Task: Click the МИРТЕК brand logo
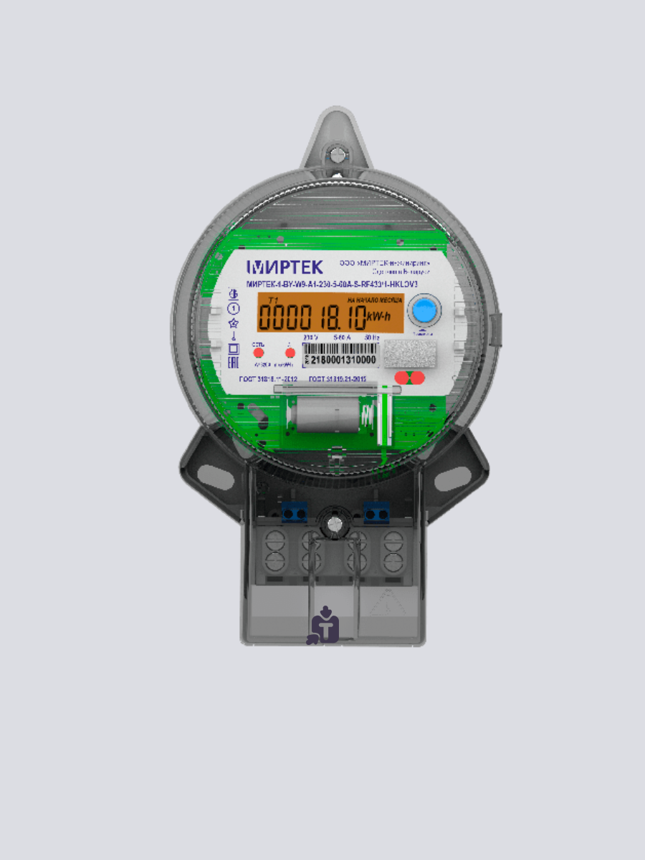coord(285,267)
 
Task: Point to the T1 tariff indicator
coord(272,300)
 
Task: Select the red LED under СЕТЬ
coord(259,353)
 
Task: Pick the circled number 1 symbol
coord(233,308)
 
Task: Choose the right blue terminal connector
coord(376,513)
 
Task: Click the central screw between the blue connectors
coord(332,524)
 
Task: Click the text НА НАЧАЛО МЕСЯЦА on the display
coord(374,300)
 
